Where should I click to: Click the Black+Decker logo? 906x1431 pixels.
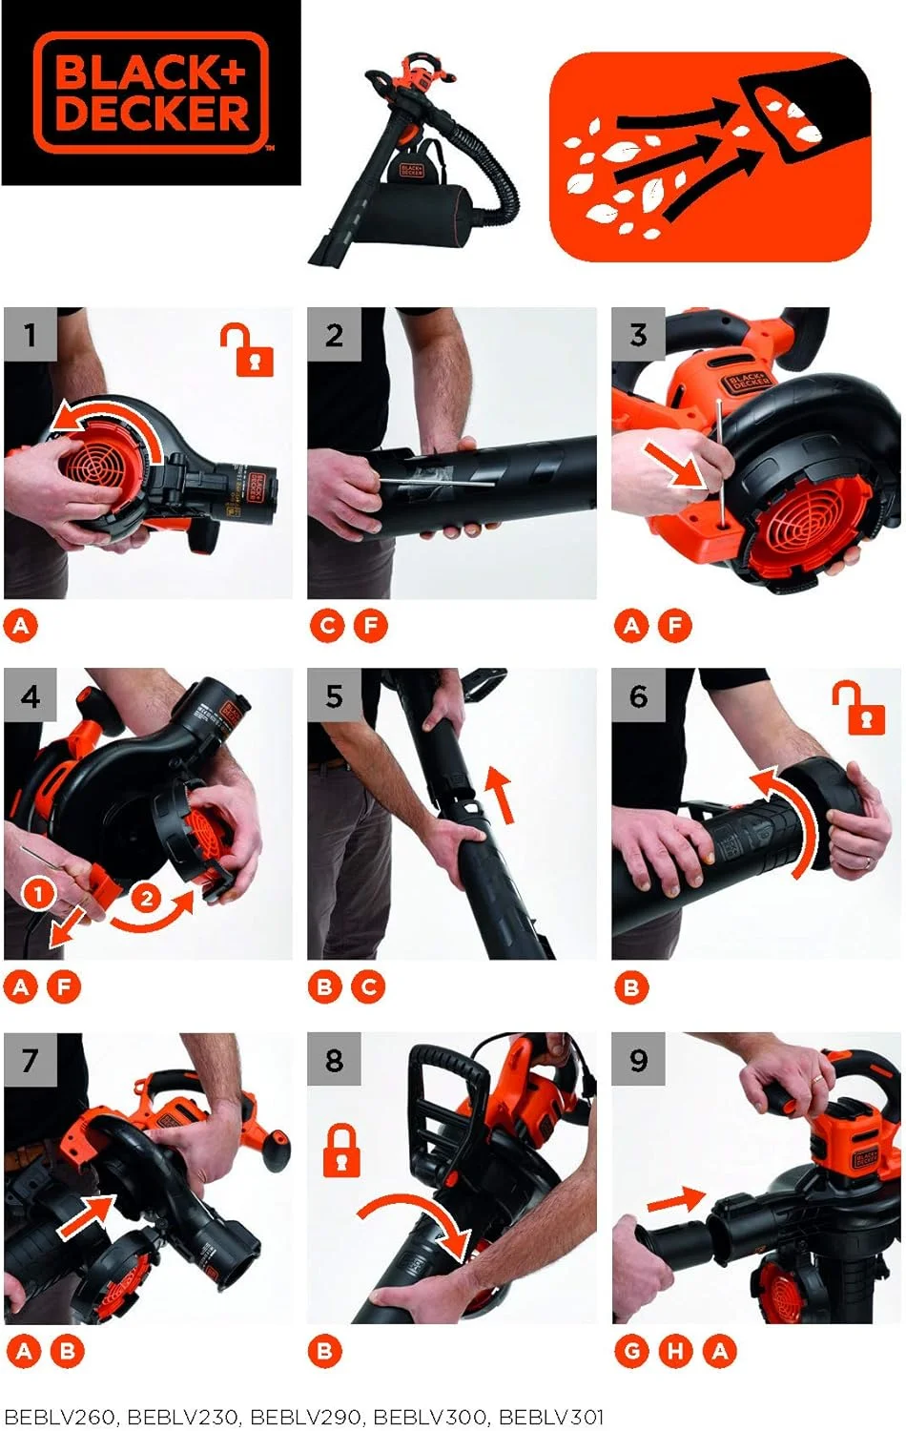click(151, 93)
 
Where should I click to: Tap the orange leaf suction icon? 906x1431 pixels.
click(710, 157)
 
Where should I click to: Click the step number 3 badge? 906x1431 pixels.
click(638, 334)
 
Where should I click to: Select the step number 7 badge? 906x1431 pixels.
click(31, 1059)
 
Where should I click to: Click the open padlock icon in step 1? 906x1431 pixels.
click(247, 349)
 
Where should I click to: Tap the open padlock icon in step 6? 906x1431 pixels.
click(858, 707)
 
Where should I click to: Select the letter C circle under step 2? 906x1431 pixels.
click(327, 626)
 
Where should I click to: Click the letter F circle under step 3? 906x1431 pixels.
click(675, 626)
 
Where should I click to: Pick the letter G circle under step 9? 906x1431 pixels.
click(631, 1350)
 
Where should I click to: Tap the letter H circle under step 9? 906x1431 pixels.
click(675, 1350)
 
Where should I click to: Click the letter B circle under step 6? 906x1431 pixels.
click(631, 987)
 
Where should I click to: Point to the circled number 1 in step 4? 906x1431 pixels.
click(38, 894)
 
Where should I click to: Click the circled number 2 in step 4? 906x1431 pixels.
click(146, 899)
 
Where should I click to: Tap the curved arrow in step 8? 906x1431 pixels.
click(420, 1221)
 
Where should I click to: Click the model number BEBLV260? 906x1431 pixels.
click(59, 1417)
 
